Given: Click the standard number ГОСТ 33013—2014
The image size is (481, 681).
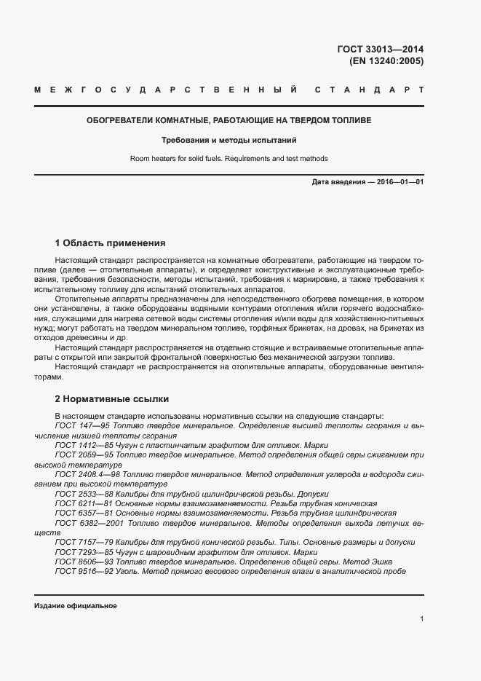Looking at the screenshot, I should [380, 50].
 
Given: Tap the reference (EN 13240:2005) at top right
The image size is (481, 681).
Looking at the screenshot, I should [386, 61].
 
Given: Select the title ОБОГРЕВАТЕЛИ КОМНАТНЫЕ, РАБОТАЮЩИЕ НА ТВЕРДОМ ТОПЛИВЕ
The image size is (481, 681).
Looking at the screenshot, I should [229, 120].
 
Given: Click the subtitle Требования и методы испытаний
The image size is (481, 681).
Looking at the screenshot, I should [229, 140].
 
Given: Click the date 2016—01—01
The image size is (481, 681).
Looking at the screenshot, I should [399, 181].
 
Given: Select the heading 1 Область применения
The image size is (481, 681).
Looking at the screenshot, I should [111, 243].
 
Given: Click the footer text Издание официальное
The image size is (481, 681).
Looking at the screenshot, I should [75, 606].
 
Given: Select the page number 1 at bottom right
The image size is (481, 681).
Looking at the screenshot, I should [421, 619].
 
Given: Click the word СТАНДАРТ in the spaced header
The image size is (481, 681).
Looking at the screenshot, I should [370, 90].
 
